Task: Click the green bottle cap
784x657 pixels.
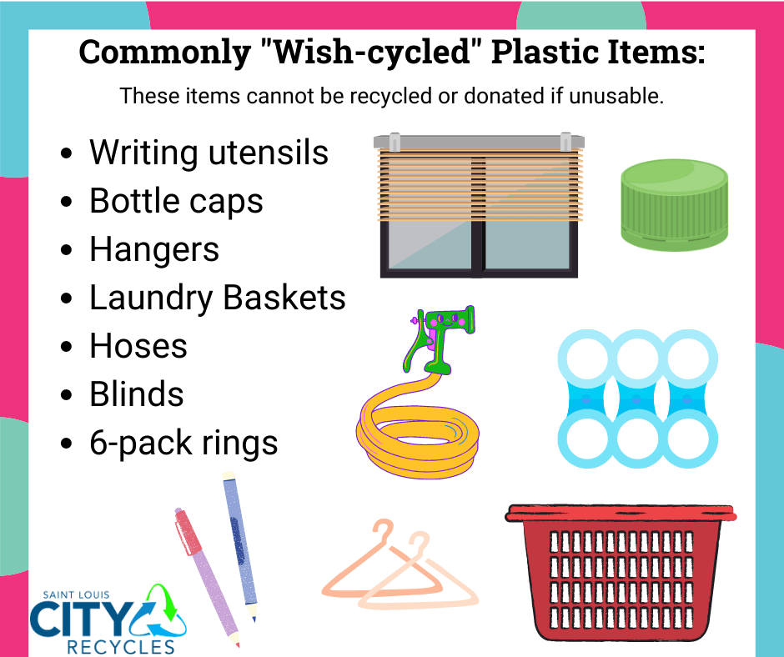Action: (x=674, y=205)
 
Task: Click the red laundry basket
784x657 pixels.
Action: (x=622, y=575)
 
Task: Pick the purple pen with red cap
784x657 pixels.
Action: (x=205, y=575)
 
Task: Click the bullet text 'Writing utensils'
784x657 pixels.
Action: (x=209, y=153)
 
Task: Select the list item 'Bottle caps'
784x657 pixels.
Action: (x=176, y=201)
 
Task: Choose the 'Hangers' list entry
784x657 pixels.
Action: (x=154, y=249)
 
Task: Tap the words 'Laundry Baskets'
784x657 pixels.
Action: (x=217, y=298)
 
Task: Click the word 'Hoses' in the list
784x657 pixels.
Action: (x=138, y=346)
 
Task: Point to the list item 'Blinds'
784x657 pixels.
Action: (x=137, y=394)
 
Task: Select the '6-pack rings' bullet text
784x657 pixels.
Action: (x=183, y=443)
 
